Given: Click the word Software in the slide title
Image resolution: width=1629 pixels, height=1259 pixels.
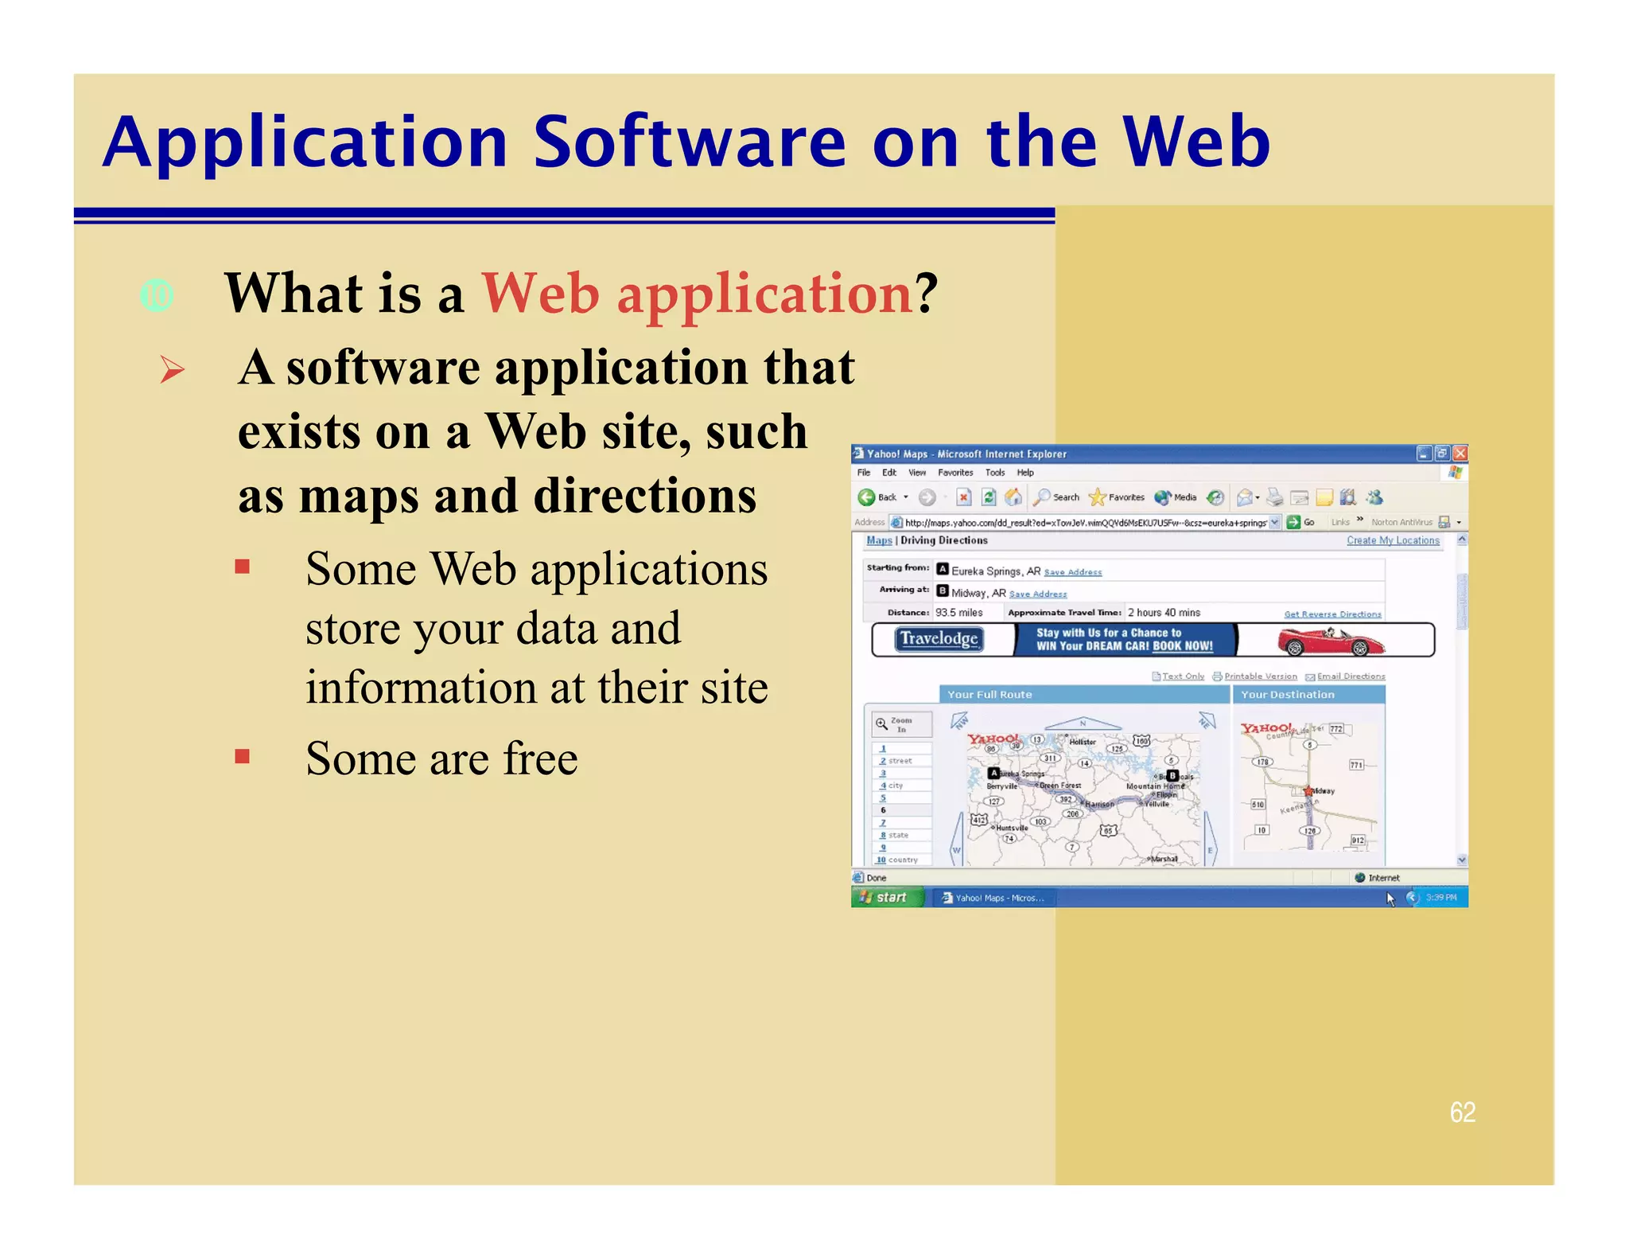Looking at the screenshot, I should [689, 142].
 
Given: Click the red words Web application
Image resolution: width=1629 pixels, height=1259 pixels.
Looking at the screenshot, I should [697, 294].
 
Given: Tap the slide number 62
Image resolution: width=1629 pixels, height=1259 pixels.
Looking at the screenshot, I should [1462, 1112].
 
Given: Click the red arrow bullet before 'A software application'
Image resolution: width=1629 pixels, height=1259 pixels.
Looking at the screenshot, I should [172, 370].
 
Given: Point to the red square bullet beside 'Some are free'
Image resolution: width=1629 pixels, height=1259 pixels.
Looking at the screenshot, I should [243, 756].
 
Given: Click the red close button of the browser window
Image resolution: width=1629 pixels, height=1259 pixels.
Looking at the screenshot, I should [1460, 454].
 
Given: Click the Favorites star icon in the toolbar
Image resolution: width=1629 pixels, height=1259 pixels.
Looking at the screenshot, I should [1097, 497].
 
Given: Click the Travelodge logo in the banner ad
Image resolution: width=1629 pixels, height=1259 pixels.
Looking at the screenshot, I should [939, 639].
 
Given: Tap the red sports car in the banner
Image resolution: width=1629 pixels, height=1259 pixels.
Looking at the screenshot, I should [1330, 641].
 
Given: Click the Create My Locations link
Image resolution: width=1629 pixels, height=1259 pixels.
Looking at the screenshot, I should [1392, 540].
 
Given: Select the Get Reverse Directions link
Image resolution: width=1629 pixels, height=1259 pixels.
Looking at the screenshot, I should [1332, 614].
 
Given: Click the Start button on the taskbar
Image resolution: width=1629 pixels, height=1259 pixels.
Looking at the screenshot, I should [884, 897].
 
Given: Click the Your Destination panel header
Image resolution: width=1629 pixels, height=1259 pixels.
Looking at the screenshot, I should [1307, 695].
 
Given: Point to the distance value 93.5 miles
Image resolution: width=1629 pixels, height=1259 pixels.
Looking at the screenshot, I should [958, 613].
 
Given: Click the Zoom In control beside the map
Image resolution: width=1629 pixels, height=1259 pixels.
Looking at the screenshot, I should [900, 724].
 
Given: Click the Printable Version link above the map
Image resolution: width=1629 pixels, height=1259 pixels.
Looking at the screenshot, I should [1259, 676].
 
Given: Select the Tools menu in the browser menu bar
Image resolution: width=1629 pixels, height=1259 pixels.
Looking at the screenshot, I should [994, 473].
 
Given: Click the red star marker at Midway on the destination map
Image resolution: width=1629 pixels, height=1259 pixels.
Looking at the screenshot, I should [1308, 791].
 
